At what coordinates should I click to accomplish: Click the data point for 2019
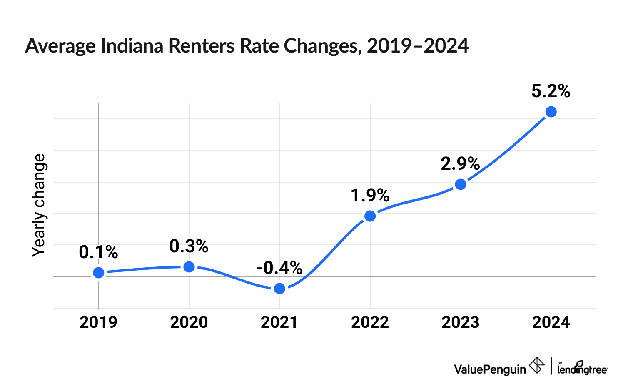pyautogui.click(x=99, y=273)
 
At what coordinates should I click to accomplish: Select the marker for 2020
pyautogui.click(x=189, y=266)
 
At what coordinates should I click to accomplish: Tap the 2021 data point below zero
pyautogui.click(x=280, y=289)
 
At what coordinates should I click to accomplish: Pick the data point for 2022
pyautogui.click(x=370, y=216)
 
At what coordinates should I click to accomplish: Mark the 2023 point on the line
pyautogui.click(x=461, y=184)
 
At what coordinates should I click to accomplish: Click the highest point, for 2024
pyautogui.click(x=551, y=112)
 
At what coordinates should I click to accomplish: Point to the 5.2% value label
pyautogui.click(x=551, y=91)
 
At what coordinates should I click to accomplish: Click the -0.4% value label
pyautogui.click(x=279, y=268)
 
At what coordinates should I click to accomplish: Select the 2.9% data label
pyautogui.click(x=460, y=164)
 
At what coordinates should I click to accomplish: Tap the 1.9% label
pyautogui.click(x=370, y=195)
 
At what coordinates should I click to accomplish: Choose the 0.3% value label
pyautogui.click(x=189, y=246)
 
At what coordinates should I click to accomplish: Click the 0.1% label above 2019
pyautogui.click(x=98, y=252)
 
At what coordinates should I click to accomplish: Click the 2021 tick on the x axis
pyautogui.click(x=279, y=322)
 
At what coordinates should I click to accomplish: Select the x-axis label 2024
pyautogui.click(x=551, y=322)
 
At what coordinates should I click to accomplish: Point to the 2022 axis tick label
pyautogui.click(x=370, y=322)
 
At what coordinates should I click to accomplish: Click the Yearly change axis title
pyautogui.click(x=39, y=205)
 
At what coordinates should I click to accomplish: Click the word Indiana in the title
pyautogui.click(x=133, y=46)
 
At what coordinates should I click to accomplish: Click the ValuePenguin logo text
pyautogui.click(x=490, y=369)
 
